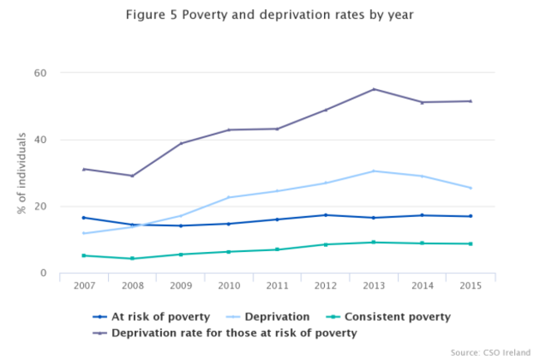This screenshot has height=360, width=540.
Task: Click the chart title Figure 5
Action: (269, 16)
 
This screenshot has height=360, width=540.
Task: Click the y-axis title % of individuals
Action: (21, 173)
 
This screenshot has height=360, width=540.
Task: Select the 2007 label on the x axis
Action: (83, 285)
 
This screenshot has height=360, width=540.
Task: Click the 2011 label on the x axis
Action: (277, 285)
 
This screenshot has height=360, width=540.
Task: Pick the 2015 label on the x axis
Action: (469, 285)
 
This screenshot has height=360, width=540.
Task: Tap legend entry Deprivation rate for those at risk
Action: (223, 333)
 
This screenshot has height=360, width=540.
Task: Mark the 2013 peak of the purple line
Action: (373, 89)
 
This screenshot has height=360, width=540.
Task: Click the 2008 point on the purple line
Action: (131, 175)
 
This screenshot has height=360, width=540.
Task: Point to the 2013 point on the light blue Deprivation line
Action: (373, 171)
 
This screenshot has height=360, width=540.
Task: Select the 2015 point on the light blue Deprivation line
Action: (470, 188)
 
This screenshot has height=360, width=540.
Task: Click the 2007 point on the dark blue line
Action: (83, 218)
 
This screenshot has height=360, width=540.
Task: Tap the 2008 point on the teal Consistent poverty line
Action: (131, 259)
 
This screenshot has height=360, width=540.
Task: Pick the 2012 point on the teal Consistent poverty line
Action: (325, 244)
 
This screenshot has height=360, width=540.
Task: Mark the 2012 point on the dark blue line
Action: (325, 215)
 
